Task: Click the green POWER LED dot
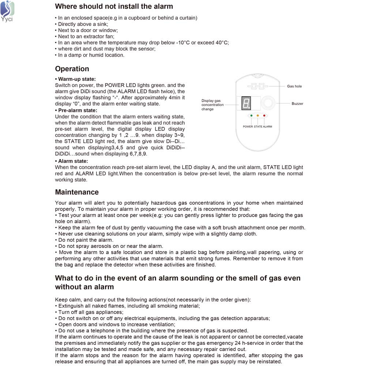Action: click(251, 116)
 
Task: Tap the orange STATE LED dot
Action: click(258, 116)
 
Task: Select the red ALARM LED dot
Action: click(264, 116)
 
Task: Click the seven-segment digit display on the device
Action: click(246, 103)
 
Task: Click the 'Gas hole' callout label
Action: click(294, 86)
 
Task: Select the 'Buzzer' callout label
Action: click(297, 104)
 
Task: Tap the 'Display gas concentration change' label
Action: click(212, 105)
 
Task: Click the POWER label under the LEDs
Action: click(248, 127)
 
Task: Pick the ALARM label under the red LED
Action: click(267, 127)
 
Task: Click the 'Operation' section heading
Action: click(72, 69)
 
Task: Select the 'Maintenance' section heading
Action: click(77, 192)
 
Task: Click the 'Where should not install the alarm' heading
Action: click(114, 6)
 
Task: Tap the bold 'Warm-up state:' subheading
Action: click(75, 79)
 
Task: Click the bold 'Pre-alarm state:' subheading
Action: click(76, 110)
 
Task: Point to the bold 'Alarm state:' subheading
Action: click(72, 161)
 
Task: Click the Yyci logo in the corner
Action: click(7, 11)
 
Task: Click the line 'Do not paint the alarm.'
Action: click(84, 240)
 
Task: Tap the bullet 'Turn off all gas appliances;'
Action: click(89, 312)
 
